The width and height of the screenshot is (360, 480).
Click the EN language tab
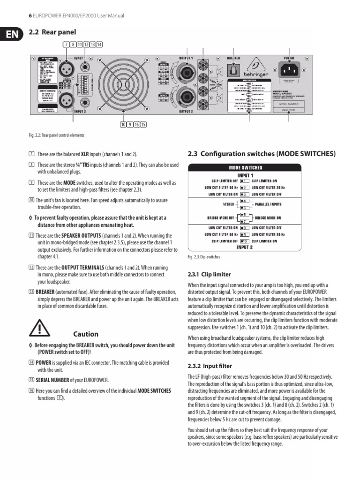click(x=8, y=35)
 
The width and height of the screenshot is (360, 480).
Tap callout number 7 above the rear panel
click(x=66, y=45)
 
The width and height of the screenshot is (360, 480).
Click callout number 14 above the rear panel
click(x=99, y=45)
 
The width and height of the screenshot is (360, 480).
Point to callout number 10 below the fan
click(x=123, y=124)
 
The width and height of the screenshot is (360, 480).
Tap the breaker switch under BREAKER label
click(x=233, y=70)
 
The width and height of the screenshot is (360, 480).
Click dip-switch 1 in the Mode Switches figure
click(x=244, y=180)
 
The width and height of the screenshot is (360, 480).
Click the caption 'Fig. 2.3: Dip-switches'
click(x=204, y=257)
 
